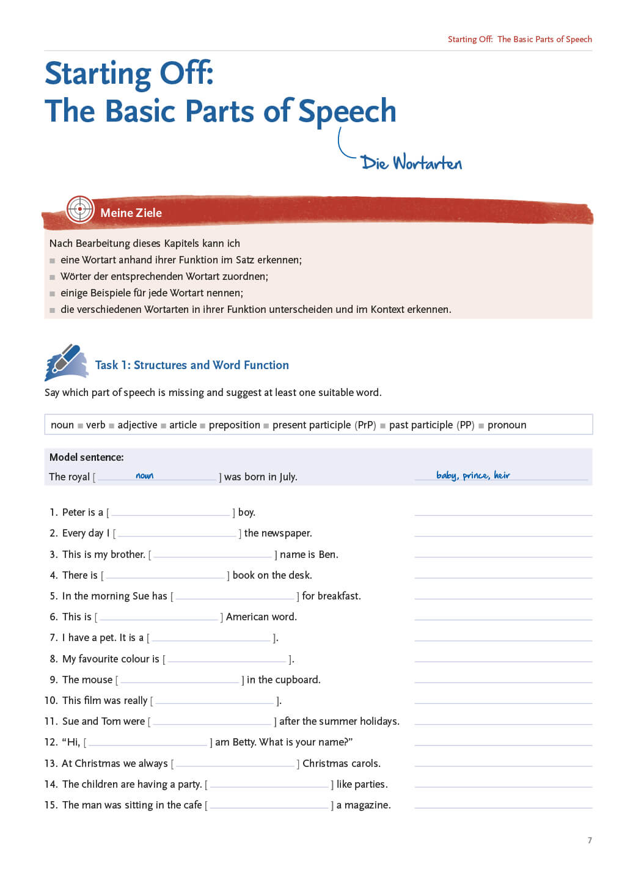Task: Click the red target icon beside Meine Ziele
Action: click(x=80, y=209)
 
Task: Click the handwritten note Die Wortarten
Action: click(x=411, y=163)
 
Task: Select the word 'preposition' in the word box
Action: click(x=234, y=425)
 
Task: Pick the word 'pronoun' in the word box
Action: click(x=507, y=425)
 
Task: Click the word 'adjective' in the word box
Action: click(x=137, y=425)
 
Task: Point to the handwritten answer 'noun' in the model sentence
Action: click(x=145, y=475)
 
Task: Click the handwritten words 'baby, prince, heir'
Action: click(x=473, y=475)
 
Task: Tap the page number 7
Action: click(x=590, y=840)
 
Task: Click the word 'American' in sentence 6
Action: click(x=248, y=617)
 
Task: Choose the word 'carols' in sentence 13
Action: click(x=364, y=764)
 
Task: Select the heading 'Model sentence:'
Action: click(x=86, y=457)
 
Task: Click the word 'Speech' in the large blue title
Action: click(x=347, y=112)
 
